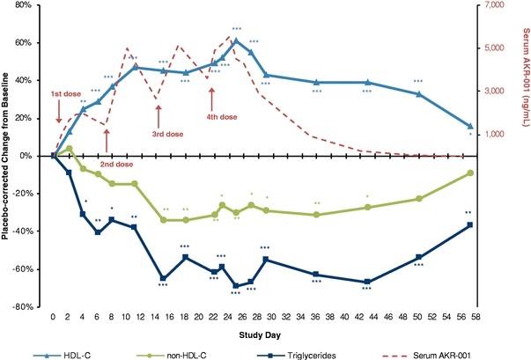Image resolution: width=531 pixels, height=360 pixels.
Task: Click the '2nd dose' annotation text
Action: click(x=116, y=164)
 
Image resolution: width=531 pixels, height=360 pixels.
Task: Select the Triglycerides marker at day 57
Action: click(x=469, y=225)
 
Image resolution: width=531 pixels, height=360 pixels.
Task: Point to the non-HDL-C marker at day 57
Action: click(x=469, y=173)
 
